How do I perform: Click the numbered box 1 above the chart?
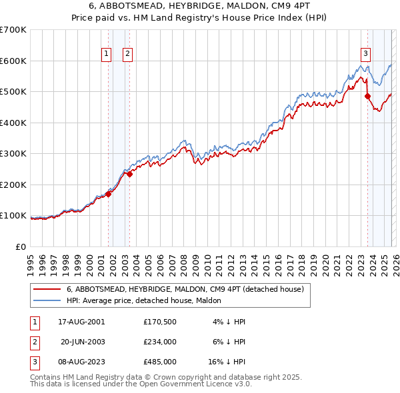coord(107,55)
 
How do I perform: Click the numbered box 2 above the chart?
coord(128,55)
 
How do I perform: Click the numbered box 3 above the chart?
coord(366,55)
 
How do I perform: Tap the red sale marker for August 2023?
coord(367,97)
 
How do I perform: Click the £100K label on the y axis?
coord(13,216)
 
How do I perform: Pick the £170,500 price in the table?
coord(159,322)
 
